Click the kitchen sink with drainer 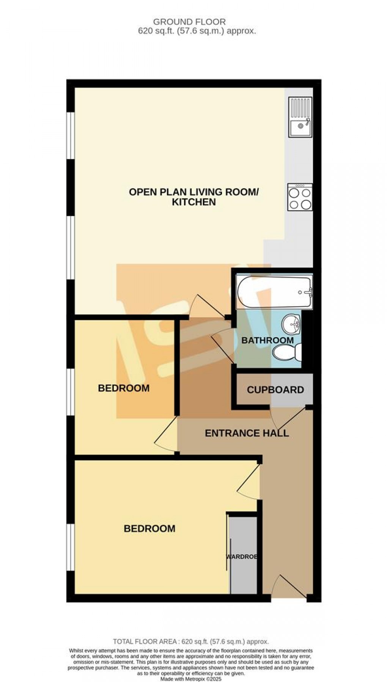pos(300,117)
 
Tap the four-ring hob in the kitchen pos(300,197)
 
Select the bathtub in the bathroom pos(274,292)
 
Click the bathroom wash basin pos(291,323)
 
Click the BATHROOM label pos(267,340)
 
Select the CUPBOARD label pos(275,390)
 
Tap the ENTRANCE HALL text pos(247,433)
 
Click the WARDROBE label pos(242,557)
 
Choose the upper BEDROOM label pos(124,388)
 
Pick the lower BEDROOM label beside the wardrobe pos(149,529)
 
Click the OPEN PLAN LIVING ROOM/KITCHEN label pos(193,197)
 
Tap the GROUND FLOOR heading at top pos(189,22)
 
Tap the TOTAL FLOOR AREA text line pos(191,641)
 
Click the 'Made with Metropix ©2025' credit pos(191,679)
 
